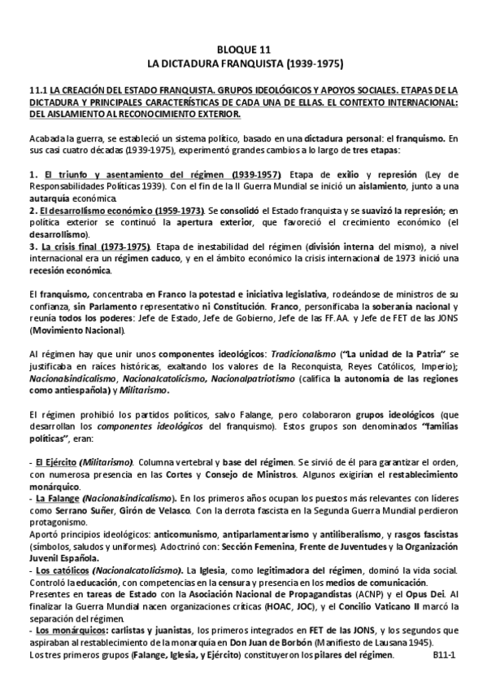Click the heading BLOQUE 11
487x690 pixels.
(243, 49)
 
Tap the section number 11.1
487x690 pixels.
(37, 89)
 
